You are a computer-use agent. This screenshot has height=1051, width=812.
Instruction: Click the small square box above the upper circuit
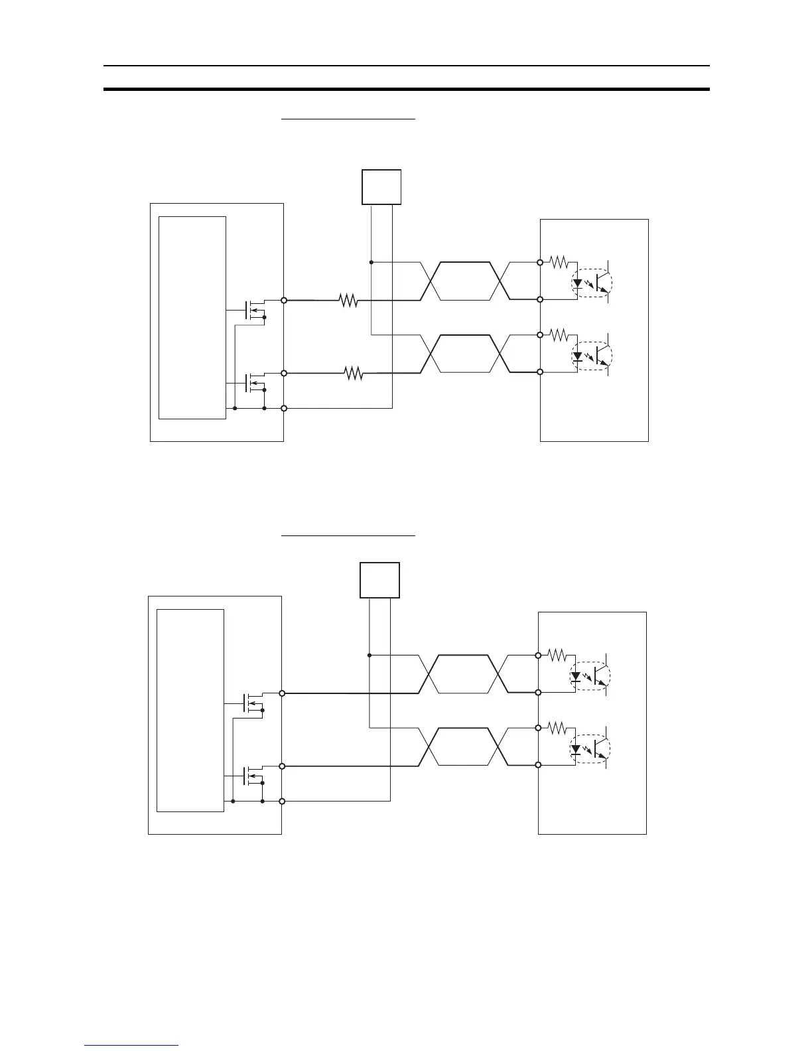381,186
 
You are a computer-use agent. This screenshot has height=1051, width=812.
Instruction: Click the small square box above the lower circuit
379,579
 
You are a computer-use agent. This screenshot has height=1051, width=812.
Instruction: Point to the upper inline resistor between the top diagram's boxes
348,301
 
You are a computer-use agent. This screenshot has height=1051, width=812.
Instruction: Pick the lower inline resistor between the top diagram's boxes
354,374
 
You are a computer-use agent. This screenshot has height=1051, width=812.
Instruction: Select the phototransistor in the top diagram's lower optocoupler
602,356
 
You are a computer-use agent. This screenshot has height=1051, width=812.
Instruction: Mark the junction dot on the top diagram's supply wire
371,262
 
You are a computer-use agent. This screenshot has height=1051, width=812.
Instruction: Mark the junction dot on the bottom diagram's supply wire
369,656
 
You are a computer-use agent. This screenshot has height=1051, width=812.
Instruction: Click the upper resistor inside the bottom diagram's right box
556,656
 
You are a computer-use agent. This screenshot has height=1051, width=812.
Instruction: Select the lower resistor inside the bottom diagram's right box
556,728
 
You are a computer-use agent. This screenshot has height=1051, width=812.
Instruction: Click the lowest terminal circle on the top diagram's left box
284,408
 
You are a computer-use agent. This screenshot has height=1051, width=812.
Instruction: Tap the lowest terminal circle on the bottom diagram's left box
282,802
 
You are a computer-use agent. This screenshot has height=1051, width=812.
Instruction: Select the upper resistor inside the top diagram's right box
558,262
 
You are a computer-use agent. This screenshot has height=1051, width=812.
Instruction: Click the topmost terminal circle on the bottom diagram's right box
538,656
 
